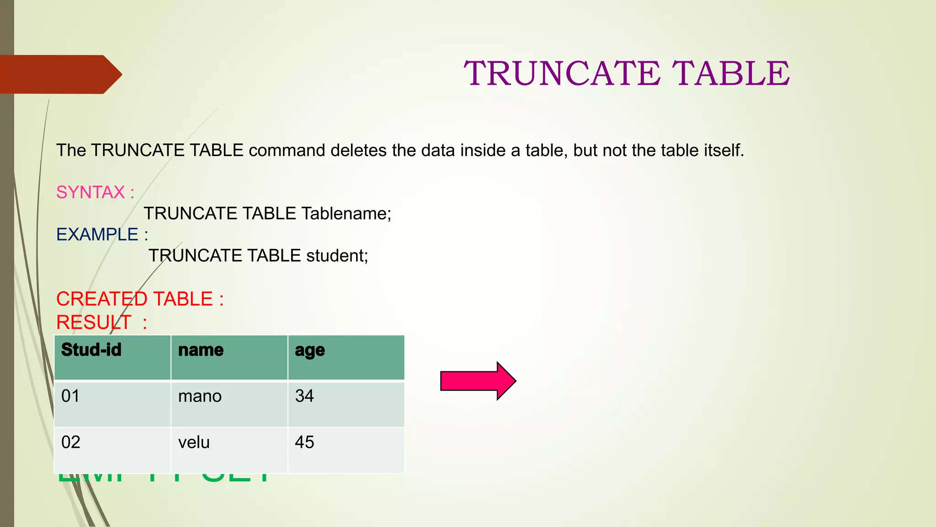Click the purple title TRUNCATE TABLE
[627, 73]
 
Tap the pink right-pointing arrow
[478, 381]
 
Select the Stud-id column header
[91, 350]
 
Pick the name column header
[201, 350]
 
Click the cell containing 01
[70, 396]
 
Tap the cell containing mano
[200, 396]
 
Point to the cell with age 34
[304, 396]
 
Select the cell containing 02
[71, 442]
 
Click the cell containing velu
[194, 442]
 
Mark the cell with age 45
[304, 442]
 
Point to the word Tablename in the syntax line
[346, 214]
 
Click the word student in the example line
[337, 256]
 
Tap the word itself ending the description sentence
[723, 151]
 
